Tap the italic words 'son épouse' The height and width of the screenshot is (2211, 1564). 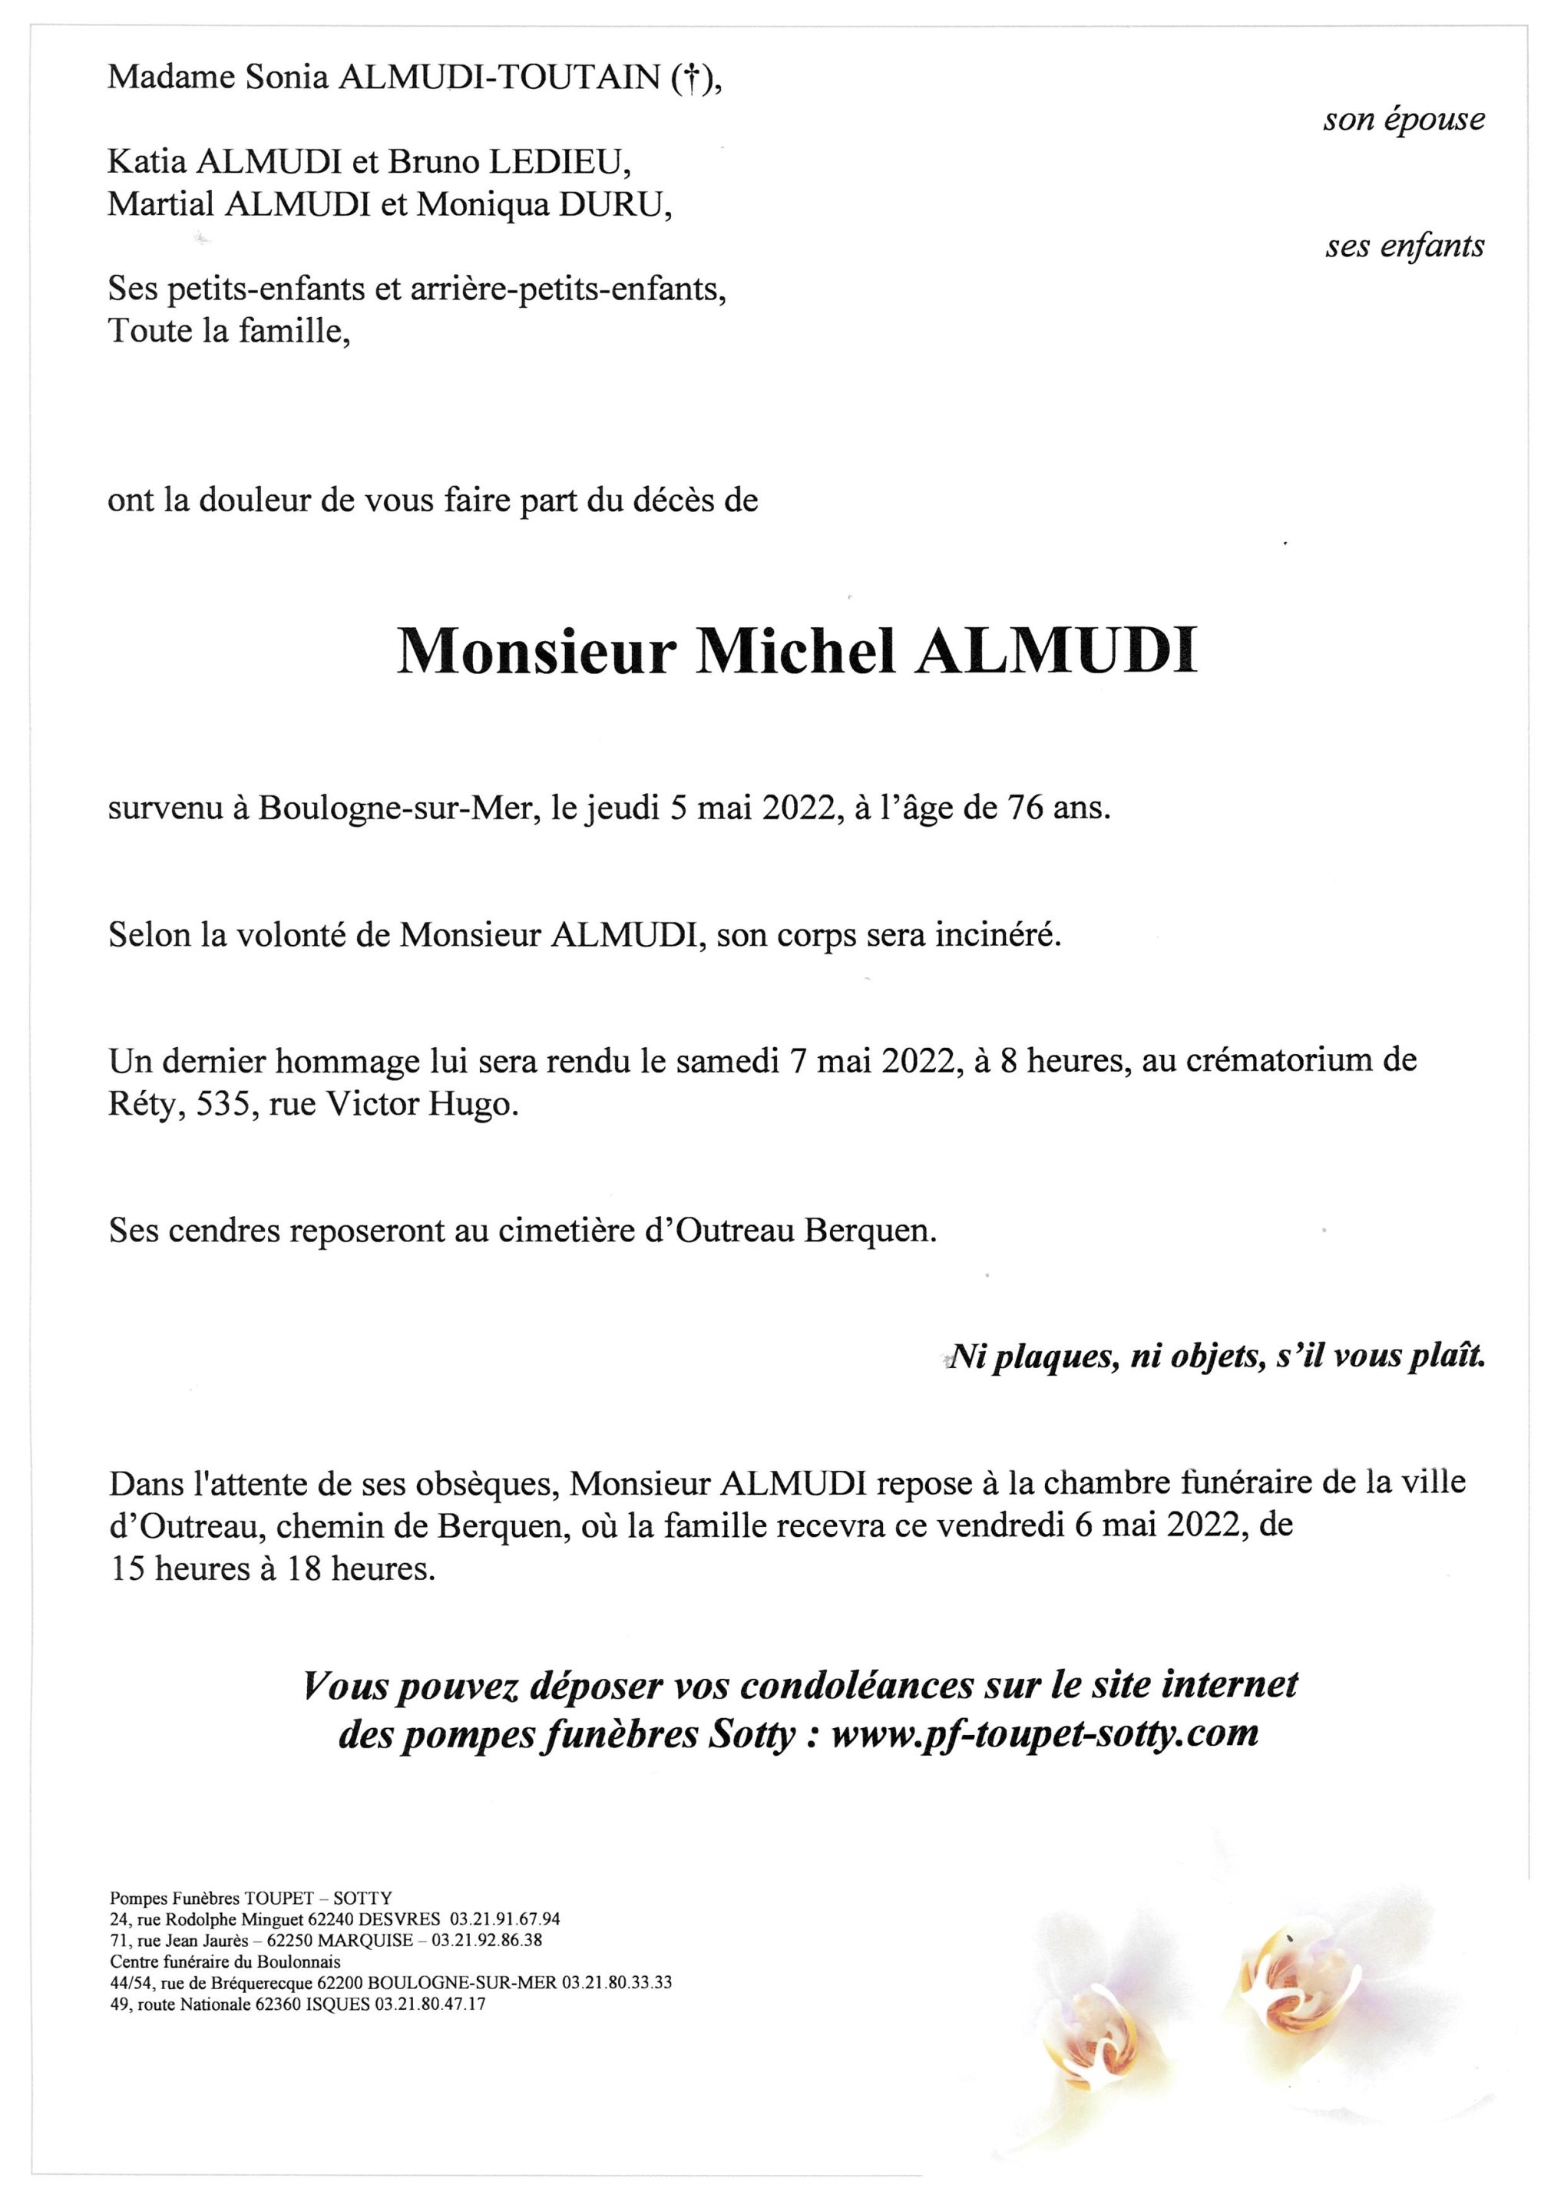point(1404,120)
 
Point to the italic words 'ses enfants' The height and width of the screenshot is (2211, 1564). point(1404,247)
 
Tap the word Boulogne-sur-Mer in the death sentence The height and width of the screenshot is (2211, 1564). point(396,809)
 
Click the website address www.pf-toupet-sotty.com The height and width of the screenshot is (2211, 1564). point(1044,1734)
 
